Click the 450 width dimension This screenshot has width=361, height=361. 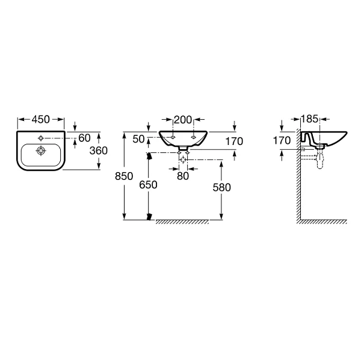coord(41,119)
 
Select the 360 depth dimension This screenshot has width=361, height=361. coord(99,150)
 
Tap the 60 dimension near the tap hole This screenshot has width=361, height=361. coord(84,138)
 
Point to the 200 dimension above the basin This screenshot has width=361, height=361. coord(183,120)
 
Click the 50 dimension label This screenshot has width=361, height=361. coord(138,139)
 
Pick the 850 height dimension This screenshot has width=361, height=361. coord(124,176)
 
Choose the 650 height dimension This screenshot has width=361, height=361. coord(148,185)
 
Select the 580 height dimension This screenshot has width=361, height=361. coord(221,187)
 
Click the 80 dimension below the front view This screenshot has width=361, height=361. coord(183,176)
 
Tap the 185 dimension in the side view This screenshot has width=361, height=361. coord(310,119)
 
